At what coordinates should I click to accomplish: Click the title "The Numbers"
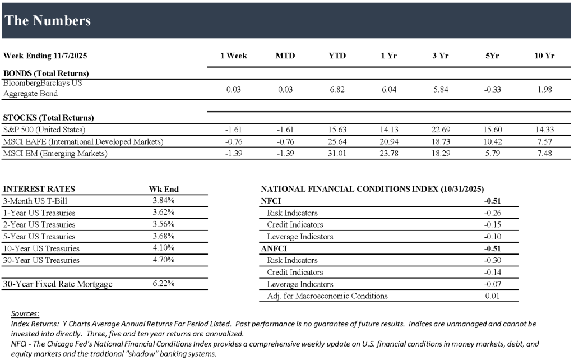point(48,21)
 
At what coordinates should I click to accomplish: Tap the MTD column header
point(285,56)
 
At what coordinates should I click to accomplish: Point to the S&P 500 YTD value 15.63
point(337,130)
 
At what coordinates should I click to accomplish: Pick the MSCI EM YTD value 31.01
point(337,153)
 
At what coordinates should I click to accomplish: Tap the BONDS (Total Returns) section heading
point(46,73)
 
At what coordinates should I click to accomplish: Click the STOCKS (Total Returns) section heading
point(49,118)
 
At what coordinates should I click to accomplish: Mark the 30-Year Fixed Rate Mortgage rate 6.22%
point(163,284)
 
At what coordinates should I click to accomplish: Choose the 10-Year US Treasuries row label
point(41,248)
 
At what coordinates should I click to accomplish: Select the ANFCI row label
point(274,248)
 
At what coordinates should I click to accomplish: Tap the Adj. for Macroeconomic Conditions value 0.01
point(493,296)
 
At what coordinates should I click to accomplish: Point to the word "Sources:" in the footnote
point(25,313)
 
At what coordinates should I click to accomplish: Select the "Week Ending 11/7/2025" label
point(45,56)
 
